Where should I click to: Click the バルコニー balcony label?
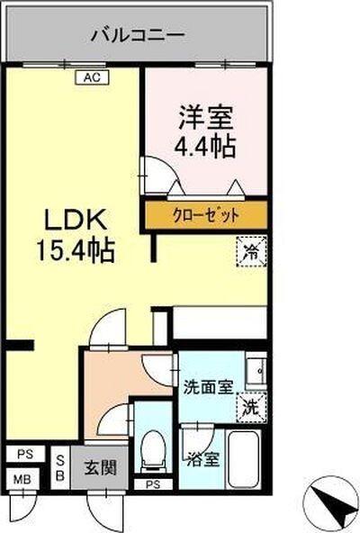[x=138, y=36]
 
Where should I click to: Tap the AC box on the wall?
[x=91, y=77]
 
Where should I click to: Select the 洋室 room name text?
[x=207, y=119]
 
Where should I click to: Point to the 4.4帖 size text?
[x=207, y=147]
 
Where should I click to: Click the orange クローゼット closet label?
[x=206, y=215]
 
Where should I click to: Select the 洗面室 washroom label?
[x=207, y=388]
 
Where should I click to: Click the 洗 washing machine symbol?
[x=251, y=406]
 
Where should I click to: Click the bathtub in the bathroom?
[x=245, y=459]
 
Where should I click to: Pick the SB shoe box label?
[x=60, y=467]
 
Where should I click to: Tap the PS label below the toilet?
[x=152, y=484]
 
